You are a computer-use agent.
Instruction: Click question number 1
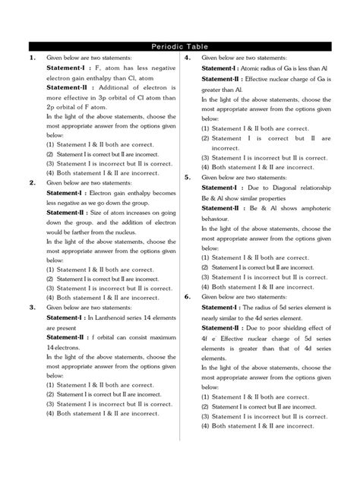click(31, 58)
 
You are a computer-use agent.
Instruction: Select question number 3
click(31, 308)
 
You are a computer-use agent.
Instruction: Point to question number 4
click(187, 58)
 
